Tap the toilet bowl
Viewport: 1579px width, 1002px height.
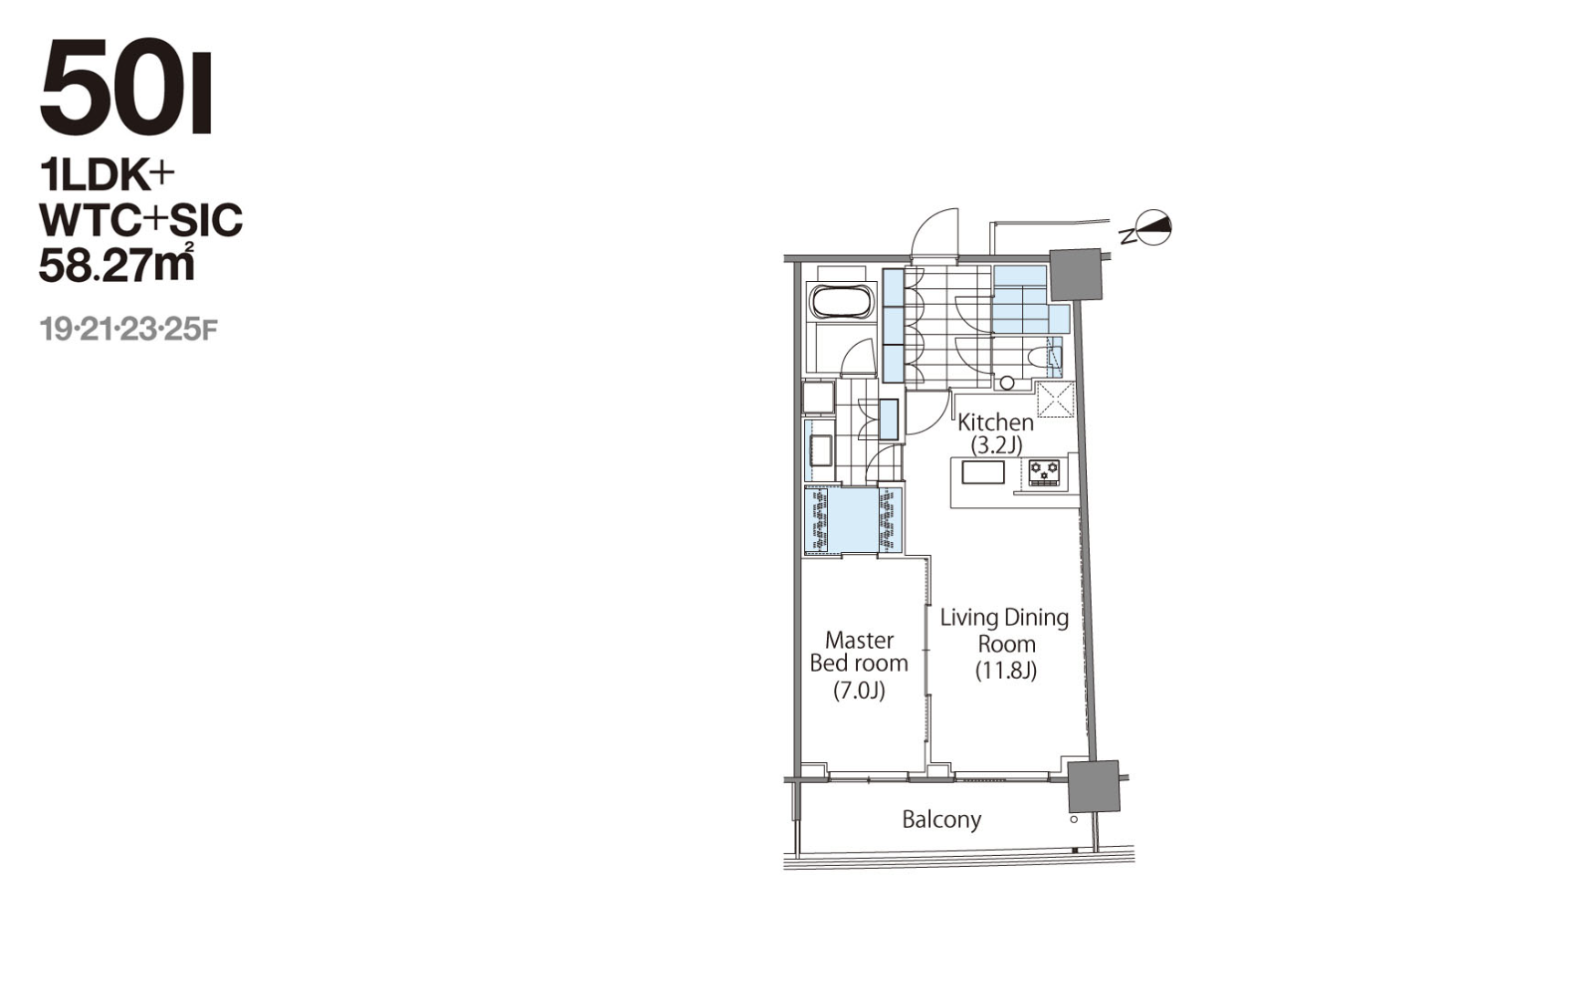pyautogui.click(x=1040, y=356)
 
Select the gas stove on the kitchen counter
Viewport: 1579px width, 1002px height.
pyautogui.click(x=1044, y=472)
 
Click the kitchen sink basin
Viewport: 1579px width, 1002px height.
pyautogui.click(x=983, y=472)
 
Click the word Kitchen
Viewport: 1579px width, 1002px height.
pyautogui.click(x=995, y=422)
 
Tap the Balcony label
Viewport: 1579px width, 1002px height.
pyautogui.click(x=941, y=819)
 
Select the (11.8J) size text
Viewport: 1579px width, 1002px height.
pyautogui.click(x=1006, y=671)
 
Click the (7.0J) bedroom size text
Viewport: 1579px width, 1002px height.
pyautogui.click(x=859, y=691)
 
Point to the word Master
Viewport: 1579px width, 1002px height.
pyautogui.click(x=859, y=640)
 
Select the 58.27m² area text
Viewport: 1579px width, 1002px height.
pyautogui.click(x=116, y=263)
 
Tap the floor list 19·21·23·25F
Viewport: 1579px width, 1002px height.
pyautogui.click(x=129, y=329)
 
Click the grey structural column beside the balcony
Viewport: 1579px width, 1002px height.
pyautogui.click(x=1093, y=786)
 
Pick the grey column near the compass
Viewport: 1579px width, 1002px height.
pyautogui.click(x=1076, y=274)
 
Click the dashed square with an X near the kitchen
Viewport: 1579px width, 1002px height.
pyautogui.click(x=1055, y=400)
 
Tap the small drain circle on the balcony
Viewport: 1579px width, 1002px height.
pyautogui.click(x=1073, y=819)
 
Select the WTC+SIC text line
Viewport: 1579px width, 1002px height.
pyautogui.click(x=141, y=220)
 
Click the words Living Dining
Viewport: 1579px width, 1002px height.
pyautogui.click(x=1004, y=618)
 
